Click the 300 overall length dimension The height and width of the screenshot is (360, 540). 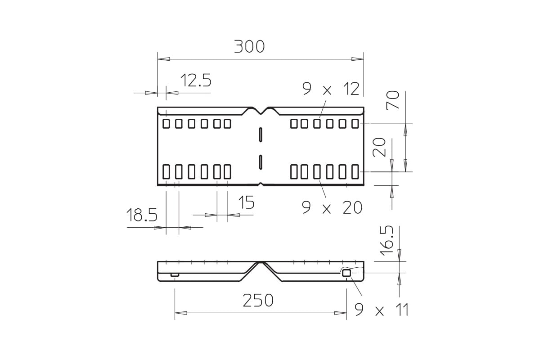click(x=249, y=47)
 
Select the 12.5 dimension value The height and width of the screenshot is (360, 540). click(x=196, y=80)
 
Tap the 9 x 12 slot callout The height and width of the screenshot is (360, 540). click(x=331, y=89)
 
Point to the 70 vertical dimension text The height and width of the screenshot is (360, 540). click(x=393, y=100)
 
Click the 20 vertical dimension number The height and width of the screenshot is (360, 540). click(x=379, y=147)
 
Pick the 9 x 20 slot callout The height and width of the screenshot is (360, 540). click(x=332, y=207)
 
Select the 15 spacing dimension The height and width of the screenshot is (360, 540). click(x=246, y=202)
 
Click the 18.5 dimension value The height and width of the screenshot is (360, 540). click(x=142, y=215)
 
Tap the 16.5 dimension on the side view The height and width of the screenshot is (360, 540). click(x=387, y=240)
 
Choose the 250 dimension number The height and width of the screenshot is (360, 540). click(x=258, y=300)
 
